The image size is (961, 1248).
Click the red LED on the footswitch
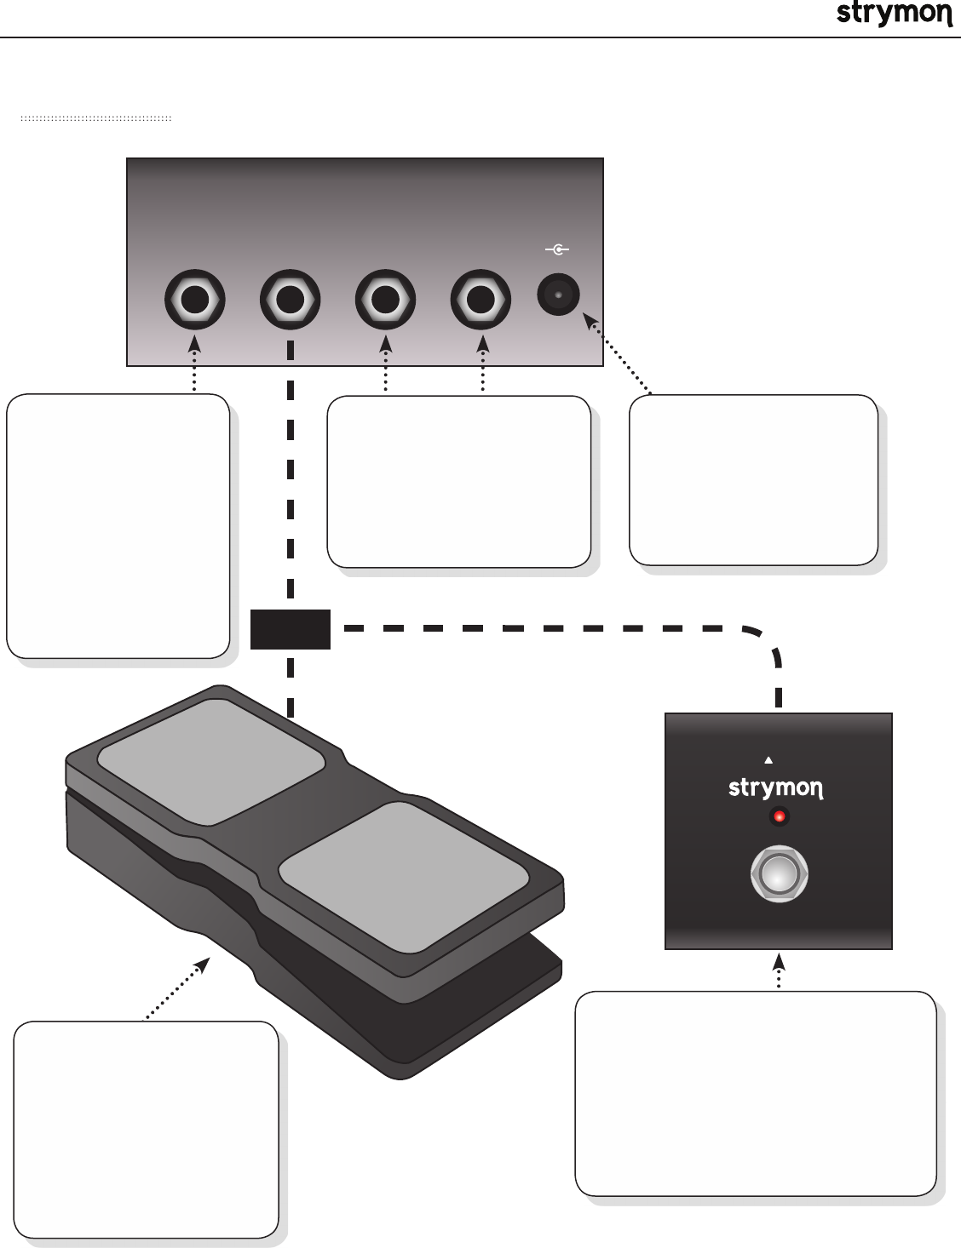click(x=779, y=817)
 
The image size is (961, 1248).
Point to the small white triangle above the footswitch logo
click(x=768, y=759)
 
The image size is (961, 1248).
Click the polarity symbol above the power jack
click(x=557, y=250)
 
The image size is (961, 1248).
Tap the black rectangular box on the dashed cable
click(x=291, y=629)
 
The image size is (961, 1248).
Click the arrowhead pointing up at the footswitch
click(x=779, y=961)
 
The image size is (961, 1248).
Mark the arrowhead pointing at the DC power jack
click(x=589, y=320)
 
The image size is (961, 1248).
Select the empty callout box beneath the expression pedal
click(x=147, y=1130)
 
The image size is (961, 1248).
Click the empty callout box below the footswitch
click(x=756, y=1093)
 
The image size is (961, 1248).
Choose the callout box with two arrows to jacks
click(x=459, y=481)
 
